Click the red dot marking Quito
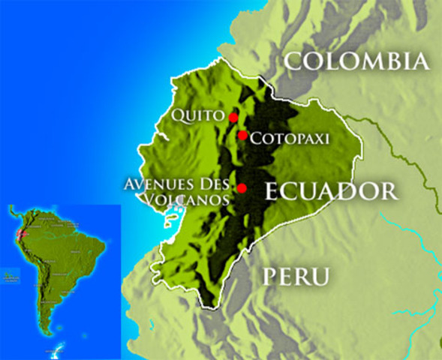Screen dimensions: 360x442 pyautogui.click(x=233, y=117)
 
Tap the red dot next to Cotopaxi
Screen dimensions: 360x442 pyautogui.click(x=242, y=135)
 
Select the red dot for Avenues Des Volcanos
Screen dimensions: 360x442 pyautogui.click(x=242, y=187)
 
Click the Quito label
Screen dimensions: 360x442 pyautogui.click(x=198, y=115)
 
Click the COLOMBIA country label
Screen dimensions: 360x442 pyautogui.click(x=356, y=61)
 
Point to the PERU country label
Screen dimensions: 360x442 pyautogui.click(x=296, y=277)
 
